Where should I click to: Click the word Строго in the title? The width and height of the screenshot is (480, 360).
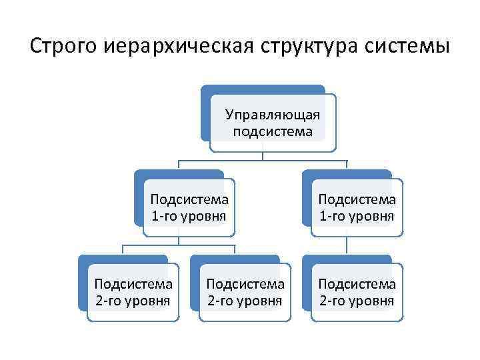pos(63,47)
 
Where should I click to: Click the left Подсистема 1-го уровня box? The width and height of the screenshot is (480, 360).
pos(189,207)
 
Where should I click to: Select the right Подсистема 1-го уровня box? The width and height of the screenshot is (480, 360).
pos(357,207)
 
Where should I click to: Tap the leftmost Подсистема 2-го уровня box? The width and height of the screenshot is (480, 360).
pos(133,292)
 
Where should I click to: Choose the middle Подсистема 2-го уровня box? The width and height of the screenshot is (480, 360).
pos(245,292)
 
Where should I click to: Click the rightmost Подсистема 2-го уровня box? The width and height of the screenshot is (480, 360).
pos(357,292)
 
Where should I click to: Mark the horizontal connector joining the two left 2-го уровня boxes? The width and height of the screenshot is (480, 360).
pos(179,245)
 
